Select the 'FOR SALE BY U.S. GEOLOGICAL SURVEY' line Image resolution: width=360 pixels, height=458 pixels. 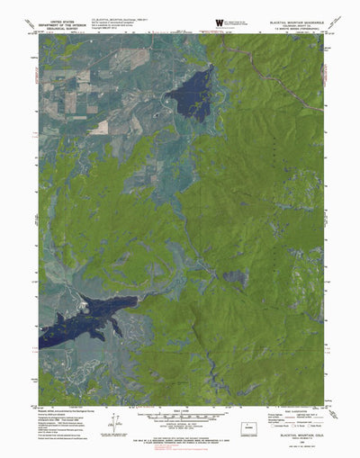[x=180, y=414]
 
